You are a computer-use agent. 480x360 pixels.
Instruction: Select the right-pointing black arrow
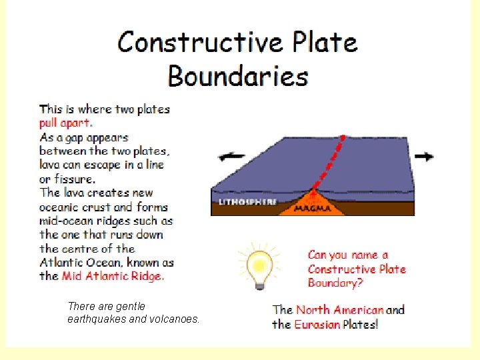click(x=423, y=156)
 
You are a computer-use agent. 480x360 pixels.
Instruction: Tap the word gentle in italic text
click(x=130, y=306)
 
